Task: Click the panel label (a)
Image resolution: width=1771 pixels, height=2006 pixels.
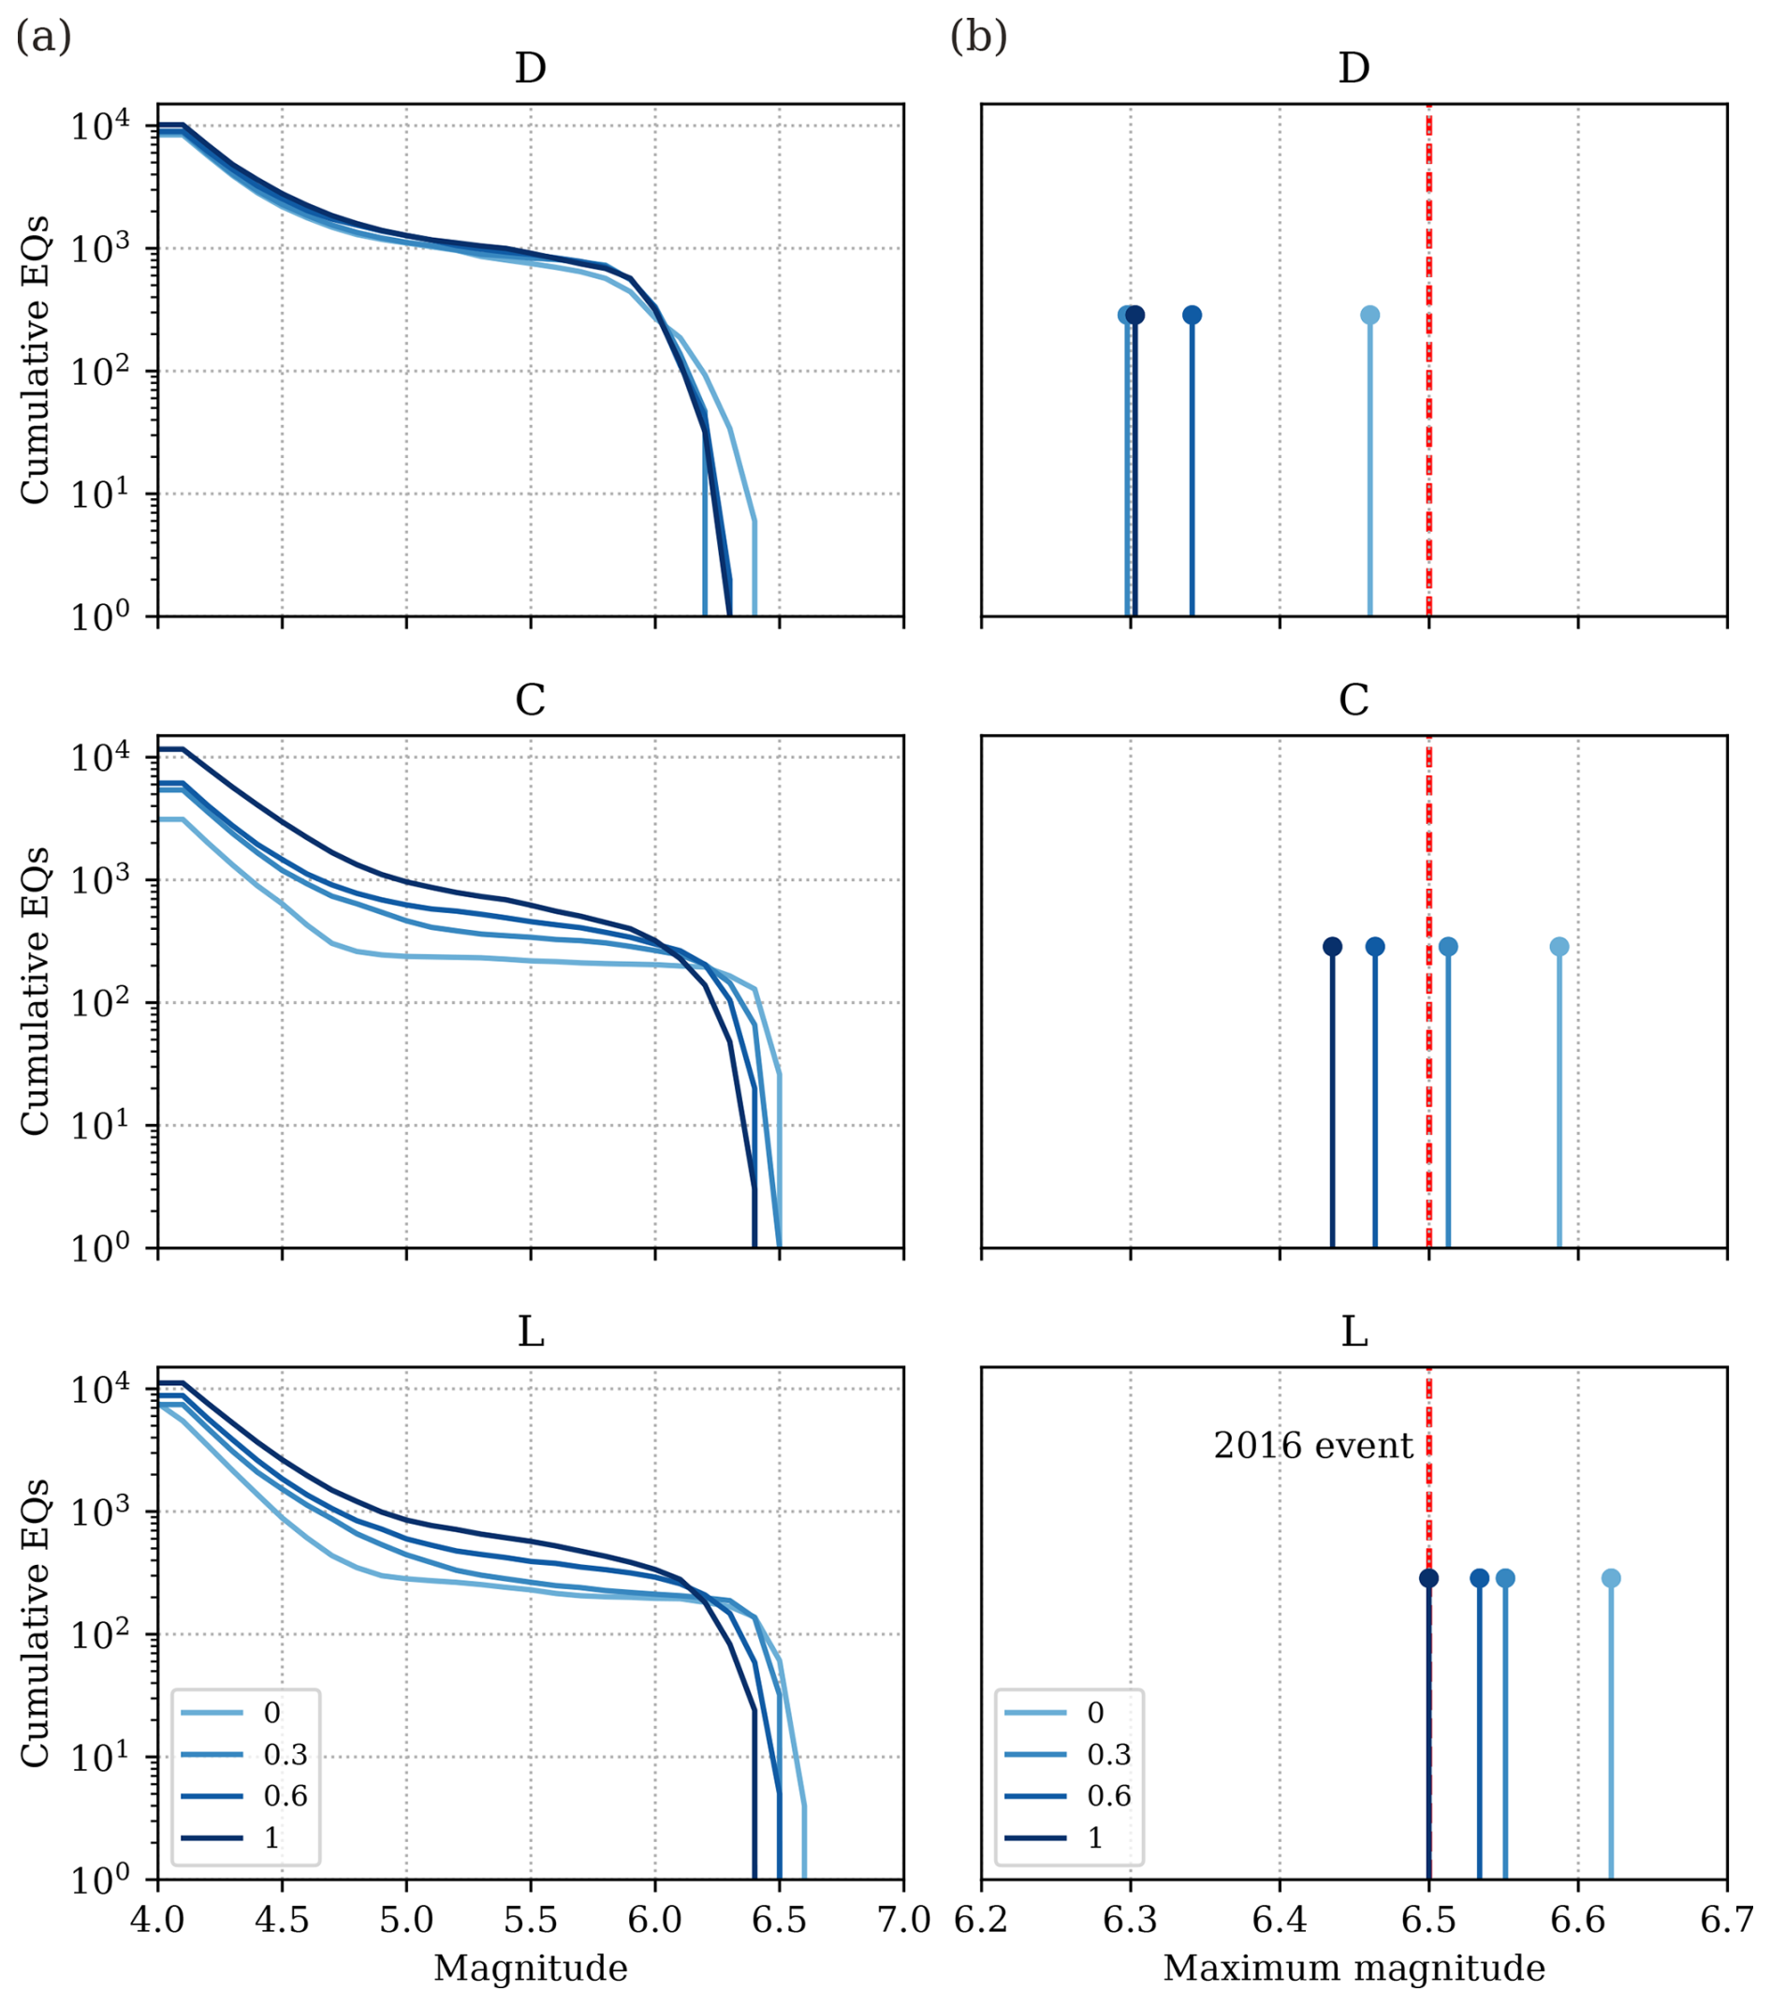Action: click(x=43, y=38)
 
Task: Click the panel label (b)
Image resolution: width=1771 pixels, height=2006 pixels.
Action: click(x=978, y=38)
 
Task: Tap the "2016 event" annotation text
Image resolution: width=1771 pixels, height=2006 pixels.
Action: click(x=1312, y=1446)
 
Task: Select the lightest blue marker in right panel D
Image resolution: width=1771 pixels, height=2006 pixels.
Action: click(x=1369, y=315)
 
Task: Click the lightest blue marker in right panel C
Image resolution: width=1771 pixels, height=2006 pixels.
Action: click(x=1559, y=947)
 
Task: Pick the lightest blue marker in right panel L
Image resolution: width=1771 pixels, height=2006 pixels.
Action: click(x=1611, y=1578)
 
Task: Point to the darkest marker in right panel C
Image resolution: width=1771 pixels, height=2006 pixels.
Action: click(x=1332, y=947)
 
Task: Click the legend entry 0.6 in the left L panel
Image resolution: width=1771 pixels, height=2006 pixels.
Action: click(x=285, y=1796)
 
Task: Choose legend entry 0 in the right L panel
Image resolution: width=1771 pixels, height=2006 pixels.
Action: click(x=1096, y=1713)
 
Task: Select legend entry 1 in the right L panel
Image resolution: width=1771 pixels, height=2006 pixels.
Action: click(x=1096, y=1837)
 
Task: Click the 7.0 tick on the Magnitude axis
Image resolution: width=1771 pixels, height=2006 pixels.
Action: click(x=903, y=1920)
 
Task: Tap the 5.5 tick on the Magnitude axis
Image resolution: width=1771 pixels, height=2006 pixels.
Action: click(x=531, y=1920)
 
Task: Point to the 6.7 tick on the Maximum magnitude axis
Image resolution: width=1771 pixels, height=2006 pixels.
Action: click(x=1727, y=1920)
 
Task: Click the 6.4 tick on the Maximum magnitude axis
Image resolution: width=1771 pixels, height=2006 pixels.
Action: click(x=1280, y=1920)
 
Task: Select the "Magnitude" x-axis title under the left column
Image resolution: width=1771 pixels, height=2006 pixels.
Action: click(x=531, y=1968)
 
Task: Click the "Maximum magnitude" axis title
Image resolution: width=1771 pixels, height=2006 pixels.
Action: click(x=1354, y=1968)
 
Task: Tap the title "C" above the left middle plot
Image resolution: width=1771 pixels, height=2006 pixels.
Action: click(x=531, y=701)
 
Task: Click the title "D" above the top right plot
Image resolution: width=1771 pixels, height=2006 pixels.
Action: click(x=1354, y=68)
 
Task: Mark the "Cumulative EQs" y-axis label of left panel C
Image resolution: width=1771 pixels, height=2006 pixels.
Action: click(x=36, y=990)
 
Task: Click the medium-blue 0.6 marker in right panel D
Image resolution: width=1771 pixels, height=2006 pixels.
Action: click(x=1193, y=315)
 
